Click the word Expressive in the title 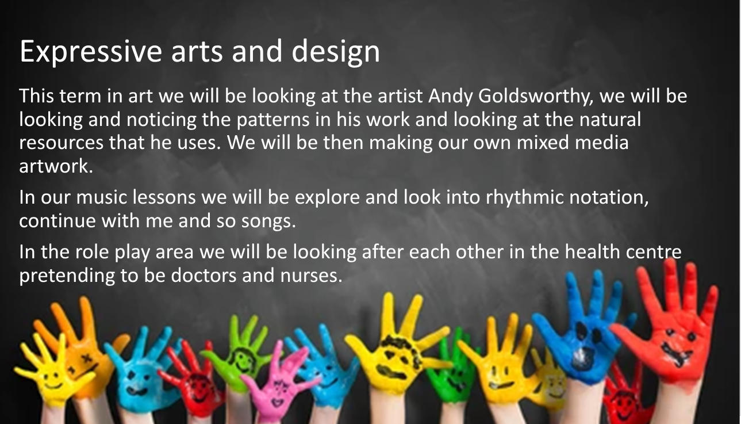[x=91, y=52]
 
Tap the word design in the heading [x=336, y=52]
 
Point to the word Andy [x=451, y=97]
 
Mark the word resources [x=61, y=143]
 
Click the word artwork [x=56, y=166]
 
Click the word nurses [x=311, y=276]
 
